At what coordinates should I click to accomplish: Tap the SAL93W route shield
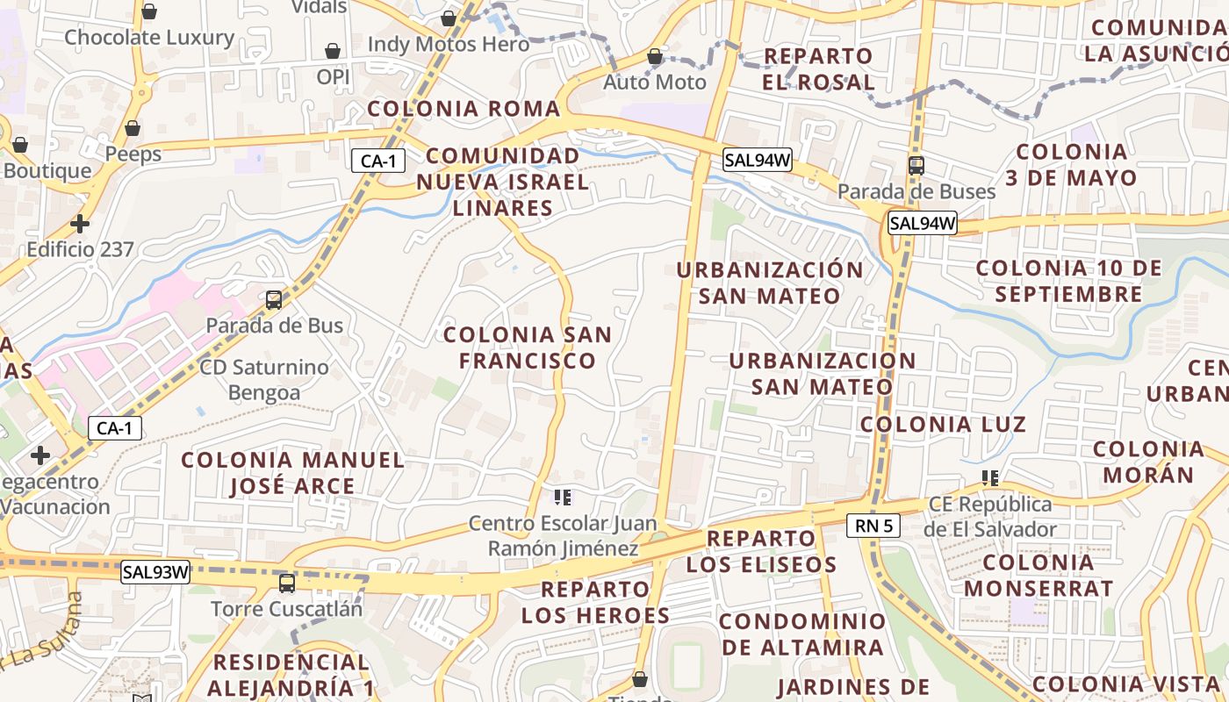click(x=156, y=573)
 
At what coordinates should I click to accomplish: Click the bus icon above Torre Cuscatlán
click(x=287, y=583)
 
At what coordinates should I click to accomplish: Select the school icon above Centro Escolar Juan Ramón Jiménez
click(x=563, y=498)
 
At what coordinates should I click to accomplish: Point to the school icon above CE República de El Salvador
click(x=990, y=478)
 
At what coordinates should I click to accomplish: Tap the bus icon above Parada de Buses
click(x=916, y=165)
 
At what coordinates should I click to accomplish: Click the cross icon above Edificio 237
click(x=80, y=224)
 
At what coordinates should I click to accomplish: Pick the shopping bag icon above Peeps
click(x=133, y=128)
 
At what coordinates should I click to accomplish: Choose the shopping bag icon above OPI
click(x=333, y=51)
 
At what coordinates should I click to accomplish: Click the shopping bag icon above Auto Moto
click(x=655, y=57)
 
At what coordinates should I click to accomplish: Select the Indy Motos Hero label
click(x=449, y=44)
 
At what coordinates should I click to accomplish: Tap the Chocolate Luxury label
click(x=149, y=38)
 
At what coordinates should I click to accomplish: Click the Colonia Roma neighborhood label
click(x=464, y=109)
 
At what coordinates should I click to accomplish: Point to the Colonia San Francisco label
click(x=528, y=347)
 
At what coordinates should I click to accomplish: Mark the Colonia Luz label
click(x=943, y=425)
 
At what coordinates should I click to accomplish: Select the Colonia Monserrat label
click(x=1039, y=575)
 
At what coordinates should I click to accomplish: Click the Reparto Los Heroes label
click(x=596, y=602)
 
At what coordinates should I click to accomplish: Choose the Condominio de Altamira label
click(x=802, y=634)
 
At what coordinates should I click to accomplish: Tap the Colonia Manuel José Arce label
click(x=292, y=473)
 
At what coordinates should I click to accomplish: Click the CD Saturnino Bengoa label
click(x=264, y=379)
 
